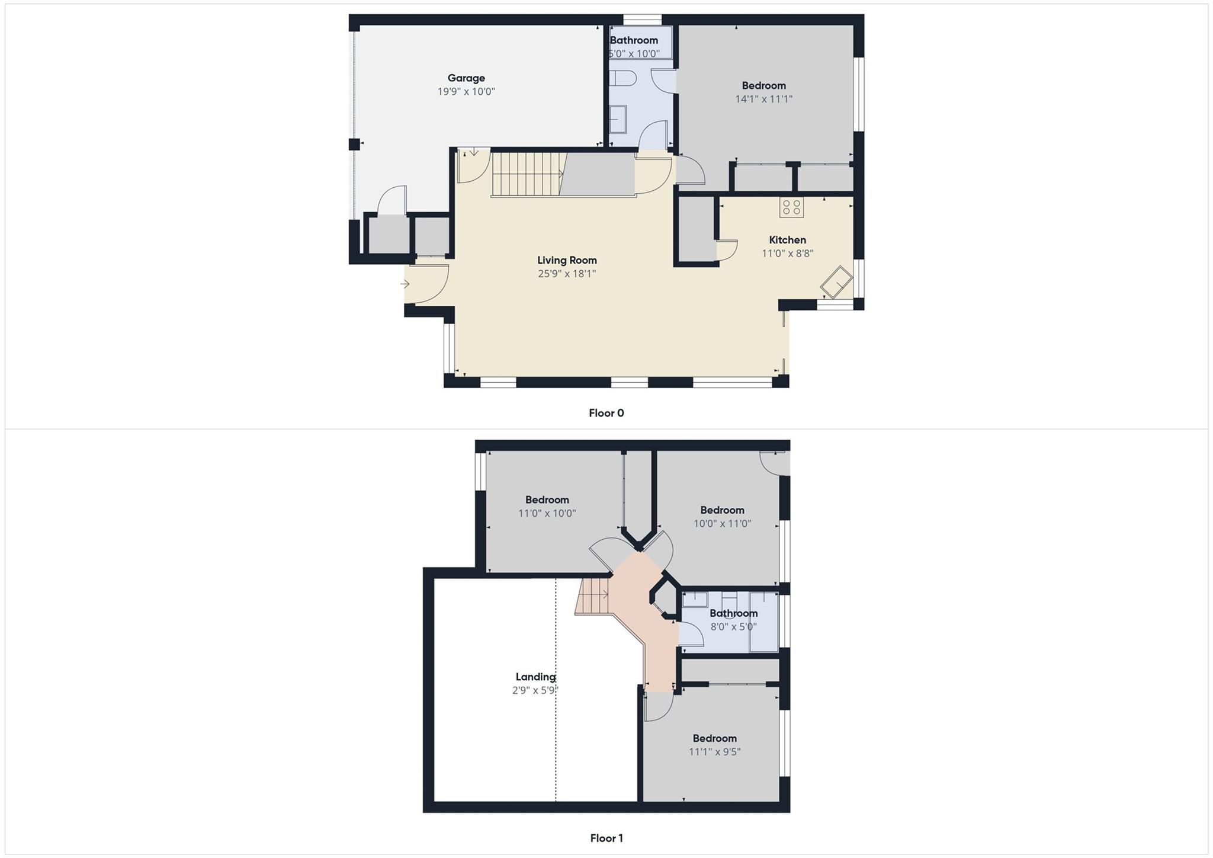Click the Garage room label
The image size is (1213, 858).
pyautogui.click(x=466, y=78)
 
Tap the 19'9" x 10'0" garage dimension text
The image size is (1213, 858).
pyautogui.click(x=466, y=92)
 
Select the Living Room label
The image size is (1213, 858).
pyautogui.click(x=567, y=260)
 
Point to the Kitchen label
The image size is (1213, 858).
pyautogui.click(x=787, y=240)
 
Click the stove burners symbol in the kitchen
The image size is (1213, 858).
pyautogui.click(x=791, y=207)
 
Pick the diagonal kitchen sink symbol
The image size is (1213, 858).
pyautogui.click(x=836, y=283)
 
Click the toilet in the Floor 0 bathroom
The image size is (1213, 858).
pyautogui.click(x=623, y=78)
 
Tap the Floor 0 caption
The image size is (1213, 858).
pyautogui.click(x=606, y=413)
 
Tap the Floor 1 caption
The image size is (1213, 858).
pyautogui.click(x=606, y=838)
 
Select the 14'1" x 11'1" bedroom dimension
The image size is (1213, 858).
pyautogui.click(x=763, y=100)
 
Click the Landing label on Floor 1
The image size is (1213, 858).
pyautogui.click(x=535, y=677)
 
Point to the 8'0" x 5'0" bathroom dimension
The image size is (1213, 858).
pyautogui.click(x=733, y=627)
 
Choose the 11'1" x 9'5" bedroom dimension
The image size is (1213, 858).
pyautogui.click(x=714, y=752)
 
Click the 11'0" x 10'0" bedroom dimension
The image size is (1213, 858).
pyautogui.click(x=547, y=514)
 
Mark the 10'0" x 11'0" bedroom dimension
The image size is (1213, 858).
pyautogui.click(x=722, y=524)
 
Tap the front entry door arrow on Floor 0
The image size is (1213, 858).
pyautogui.click(x=406, y=284)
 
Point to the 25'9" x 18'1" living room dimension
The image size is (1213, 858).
pyautogui.click(x=567, y=274)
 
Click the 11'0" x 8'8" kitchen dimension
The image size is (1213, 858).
pyautogui.click(x=787, y=254)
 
